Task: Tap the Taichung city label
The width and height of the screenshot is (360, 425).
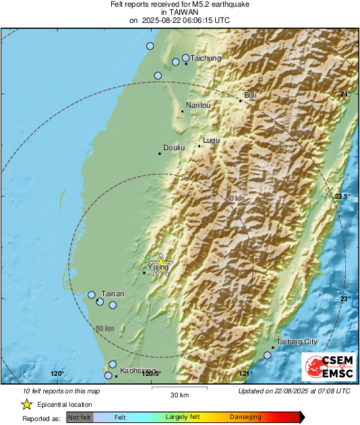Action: click(x=206, y=59)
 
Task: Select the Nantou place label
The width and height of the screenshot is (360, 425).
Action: click(x=198, y=105)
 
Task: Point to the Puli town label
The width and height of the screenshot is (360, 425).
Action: click(x=250, y=96)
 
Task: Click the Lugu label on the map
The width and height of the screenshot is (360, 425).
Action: click(x=212, y=141)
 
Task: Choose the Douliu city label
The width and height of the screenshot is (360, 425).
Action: click(x=174, y=148)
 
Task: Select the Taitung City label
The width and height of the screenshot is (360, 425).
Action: click(x=297, y=341)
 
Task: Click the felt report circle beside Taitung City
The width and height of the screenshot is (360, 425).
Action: click(x=268, y=355)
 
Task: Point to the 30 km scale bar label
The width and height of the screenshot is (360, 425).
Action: click(x=179, y=394)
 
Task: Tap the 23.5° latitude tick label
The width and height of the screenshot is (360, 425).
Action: click(x=342, y=196)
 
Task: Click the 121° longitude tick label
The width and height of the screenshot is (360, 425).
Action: click(x=245, y=374)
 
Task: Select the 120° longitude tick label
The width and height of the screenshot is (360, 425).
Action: click(x=57, y=374)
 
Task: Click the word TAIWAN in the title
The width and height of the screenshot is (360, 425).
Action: click(x=179, y=12)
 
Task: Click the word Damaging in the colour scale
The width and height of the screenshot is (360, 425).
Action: click(x=245, y=418)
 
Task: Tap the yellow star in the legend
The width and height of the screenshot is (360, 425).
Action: click(x=26, y=404)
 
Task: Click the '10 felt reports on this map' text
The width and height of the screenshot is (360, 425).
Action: click(x=61, y=391)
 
